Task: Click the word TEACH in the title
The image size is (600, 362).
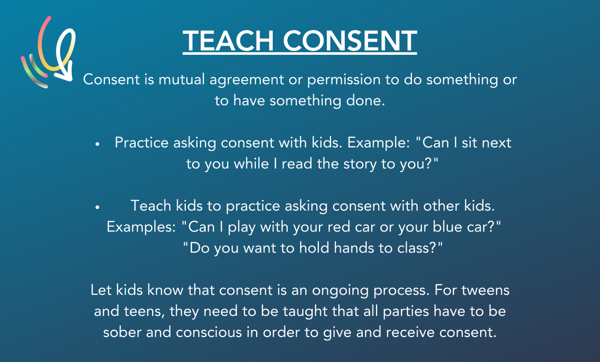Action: click(x=228, y=41)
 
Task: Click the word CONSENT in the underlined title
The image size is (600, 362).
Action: click(x=350, y=41)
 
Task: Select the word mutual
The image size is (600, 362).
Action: click(x=182, y=80)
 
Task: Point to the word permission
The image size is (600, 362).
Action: click(x=344, y=80)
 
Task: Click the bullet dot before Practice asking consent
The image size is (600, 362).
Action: click(x=97, y=144)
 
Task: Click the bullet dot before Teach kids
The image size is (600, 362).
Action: click(x=97, y=207)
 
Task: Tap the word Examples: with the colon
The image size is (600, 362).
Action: click(x=141, y=227)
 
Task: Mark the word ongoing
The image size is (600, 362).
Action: click(x=340, y=290)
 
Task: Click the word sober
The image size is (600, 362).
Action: click(x=122, y=332)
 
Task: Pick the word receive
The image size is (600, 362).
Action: click(x=410, y=332)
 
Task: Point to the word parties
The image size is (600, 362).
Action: click(x=406, y=312)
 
